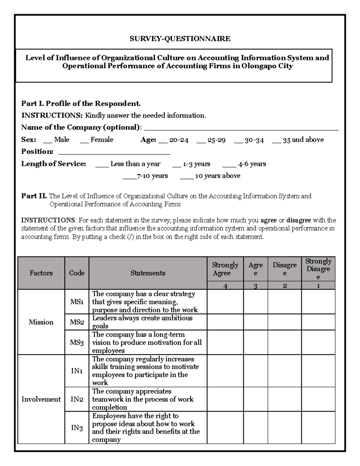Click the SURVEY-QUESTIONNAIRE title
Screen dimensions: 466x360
click(x=180, y=38)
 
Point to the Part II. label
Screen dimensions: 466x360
click(x=34, y=196)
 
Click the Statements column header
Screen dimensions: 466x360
click(x=148, y=273)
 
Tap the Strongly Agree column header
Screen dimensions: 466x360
click(x=225, y=269)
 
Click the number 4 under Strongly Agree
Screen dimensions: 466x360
click(x=225, y=286)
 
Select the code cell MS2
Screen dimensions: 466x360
click(x=77, y=322)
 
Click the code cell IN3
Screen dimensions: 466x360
click(x=77, y=427)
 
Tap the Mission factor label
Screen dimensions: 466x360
click(x=41, y=322)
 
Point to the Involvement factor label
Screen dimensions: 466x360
click(x=41, y=399)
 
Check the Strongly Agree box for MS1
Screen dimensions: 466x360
click(x=225, y=302)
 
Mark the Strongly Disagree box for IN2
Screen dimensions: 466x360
click(x=318, y=399)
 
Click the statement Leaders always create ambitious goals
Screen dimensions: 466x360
click(x=142, y=322)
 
